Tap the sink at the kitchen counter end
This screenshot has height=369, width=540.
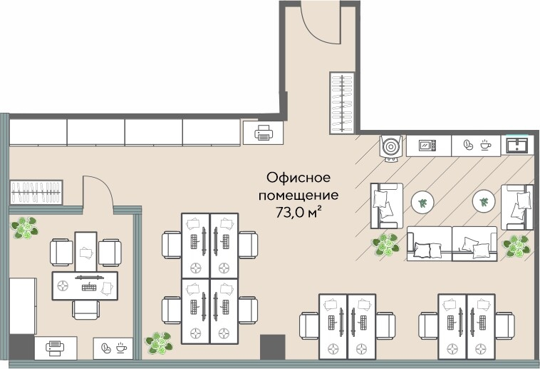(x=516, y=146)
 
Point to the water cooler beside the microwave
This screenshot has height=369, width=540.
(x=391, y=146)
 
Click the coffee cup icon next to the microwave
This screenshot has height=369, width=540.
(x=476, y=146)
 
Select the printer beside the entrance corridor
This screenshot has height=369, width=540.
(x=263, y=132)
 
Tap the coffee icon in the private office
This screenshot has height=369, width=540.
(x=113, y=348)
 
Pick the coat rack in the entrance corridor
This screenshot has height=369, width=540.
(x=341, y=103)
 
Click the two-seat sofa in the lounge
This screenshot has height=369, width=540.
(x=452, y=243)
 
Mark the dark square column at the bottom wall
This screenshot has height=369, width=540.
(x=271, y=347)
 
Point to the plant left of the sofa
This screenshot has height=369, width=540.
(x=386, y=245)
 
